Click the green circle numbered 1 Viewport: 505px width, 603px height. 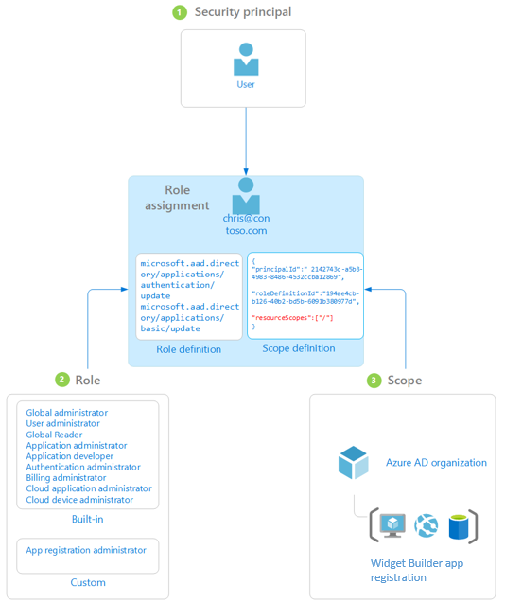180,12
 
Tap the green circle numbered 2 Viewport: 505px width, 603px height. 62,380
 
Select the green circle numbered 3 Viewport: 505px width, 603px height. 374,380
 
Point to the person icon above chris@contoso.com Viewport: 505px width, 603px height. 246,195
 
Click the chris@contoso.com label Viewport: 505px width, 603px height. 246,224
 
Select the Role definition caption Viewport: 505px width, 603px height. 189,349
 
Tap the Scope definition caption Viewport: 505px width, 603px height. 298,348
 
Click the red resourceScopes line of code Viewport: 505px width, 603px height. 292,317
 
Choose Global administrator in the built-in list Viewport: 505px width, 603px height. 67,413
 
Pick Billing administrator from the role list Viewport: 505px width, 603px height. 66,477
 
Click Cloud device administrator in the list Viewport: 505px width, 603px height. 79,499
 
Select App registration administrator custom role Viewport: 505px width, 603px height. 86,550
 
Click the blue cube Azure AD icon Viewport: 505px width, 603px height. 353,463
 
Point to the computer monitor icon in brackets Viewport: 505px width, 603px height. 392,524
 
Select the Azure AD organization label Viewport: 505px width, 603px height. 436,463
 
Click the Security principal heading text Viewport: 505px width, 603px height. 243,12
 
